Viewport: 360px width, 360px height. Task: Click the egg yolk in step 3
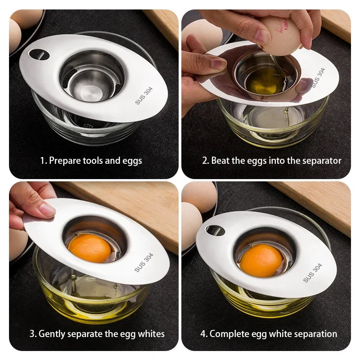coord(90,247)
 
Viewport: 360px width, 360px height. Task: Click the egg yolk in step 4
coord(261,260)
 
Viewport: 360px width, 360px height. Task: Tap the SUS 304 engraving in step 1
coord(144,95)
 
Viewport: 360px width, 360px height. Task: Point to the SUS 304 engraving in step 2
coord(318,77)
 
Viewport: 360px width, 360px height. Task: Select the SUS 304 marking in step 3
coord(144,262)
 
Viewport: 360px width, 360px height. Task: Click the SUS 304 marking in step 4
coord(313,273)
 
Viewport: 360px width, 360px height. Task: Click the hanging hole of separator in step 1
coord(37,54)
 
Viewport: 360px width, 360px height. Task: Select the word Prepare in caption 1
coord(65,161)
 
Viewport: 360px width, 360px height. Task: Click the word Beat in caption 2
coord(220,161)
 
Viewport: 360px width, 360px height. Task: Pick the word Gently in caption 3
coord(53,334)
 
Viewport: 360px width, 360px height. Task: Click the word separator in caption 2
coord(322,161)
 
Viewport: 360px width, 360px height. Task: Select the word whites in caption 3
coord(150,334)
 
